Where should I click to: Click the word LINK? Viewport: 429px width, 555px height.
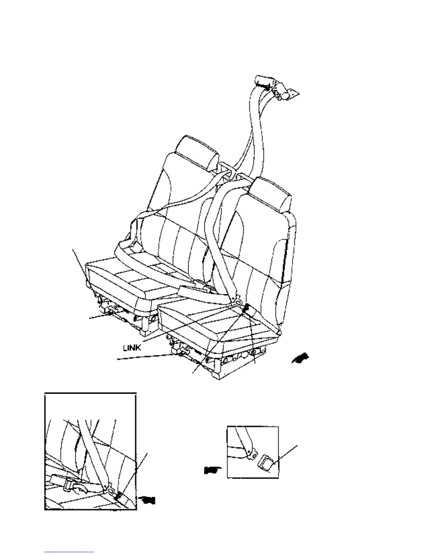(132, 348)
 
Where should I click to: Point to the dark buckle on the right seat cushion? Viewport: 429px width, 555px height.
(246, 308)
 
